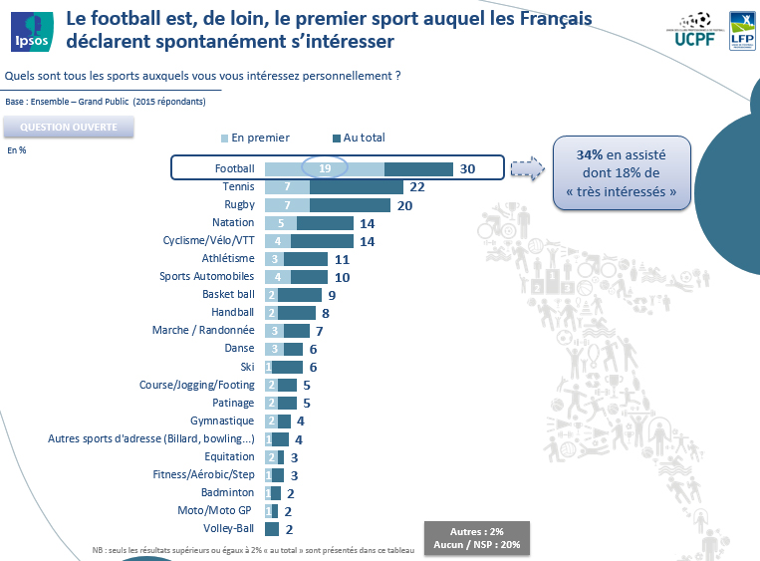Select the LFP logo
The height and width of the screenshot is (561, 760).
click(741, 30)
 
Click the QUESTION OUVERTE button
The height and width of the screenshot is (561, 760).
click(69, 128)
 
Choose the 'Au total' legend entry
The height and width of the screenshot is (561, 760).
click(358, 138)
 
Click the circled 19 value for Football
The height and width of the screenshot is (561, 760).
click(325, 168)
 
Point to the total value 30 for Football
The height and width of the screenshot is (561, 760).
click(467, 168)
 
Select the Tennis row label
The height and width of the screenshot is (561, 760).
click(239, 186)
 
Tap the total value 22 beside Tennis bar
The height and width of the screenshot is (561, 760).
click(417, 186)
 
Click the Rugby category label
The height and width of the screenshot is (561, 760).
click(239, 204)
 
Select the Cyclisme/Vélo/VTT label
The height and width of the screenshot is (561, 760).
click(208, 240)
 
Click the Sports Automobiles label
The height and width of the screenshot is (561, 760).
click(207, 276)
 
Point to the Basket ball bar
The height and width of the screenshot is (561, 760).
click(294, 295)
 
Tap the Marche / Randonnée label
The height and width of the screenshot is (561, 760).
click(203, 330)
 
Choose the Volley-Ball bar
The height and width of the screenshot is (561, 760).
click(271, 528)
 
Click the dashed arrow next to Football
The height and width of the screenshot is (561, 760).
click(525, 168)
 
